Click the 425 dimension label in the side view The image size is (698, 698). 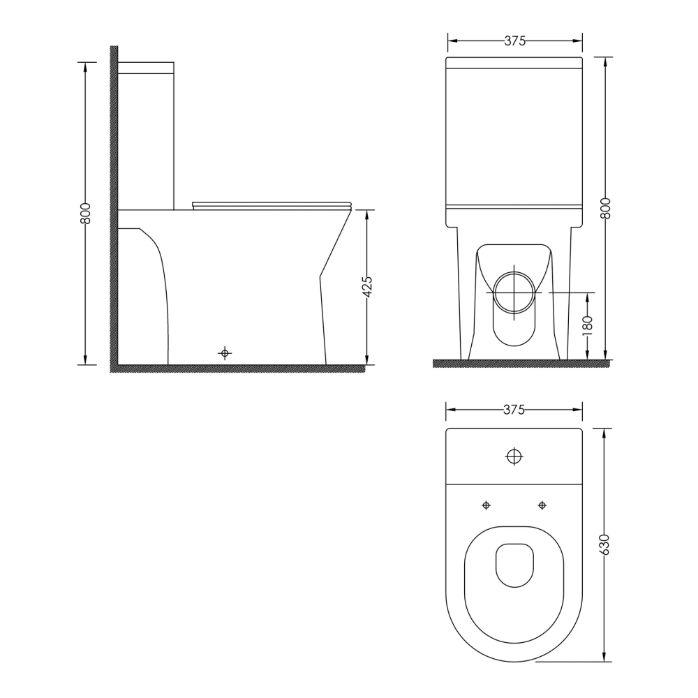(367, 287)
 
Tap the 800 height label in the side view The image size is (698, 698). (86, 213)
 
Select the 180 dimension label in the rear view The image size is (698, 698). (588, 325)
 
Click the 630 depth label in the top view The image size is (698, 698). (604, 544)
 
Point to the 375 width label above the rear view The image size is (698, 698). (514, 41)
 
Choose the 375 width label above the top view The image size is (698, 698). (514, 410)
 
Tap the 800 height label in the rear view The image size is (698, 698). (605, 208)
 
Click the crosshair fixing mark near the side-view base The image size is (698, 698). (225, 353)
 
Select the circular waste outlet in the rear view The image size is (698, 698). (514, 292)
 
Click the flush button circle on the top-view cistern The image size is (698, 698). (514, 456)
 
